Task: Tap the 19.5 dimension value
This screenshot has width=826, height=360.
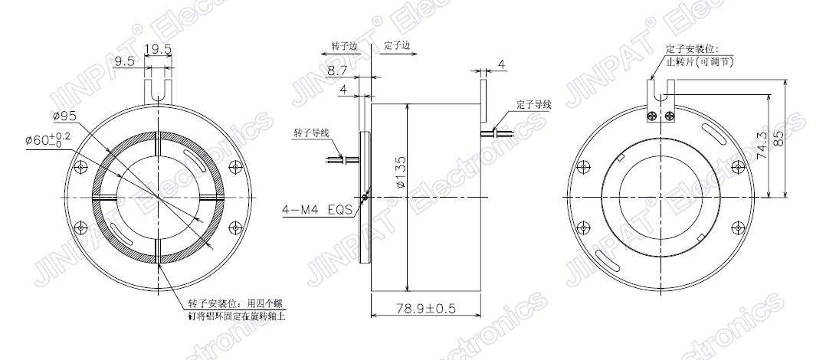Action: [158, 49]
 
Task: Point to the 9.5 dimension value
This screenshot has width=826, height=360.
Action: [124, 61]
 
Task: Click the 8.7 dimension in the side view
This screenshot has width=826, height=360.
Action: [337, 70]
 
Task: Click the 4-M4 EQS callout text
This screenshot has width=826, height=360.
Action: [317, 209]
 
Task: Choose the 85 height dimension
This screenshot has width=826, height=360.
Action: [781, 138]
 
